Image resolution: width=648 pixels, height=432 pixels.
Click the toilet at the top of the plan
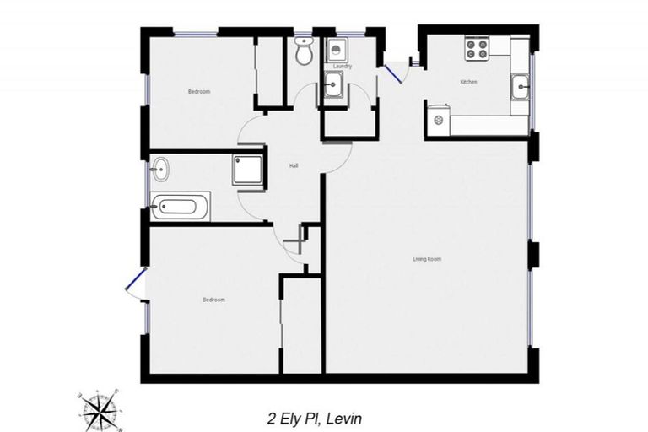pyautogui.click(x=305, y=52)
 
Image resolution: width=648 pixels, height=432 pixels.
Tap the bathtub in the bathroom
pyautogui.click(x=181, y=204)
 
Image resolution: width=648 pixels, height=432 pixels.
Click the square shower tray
pyautogui.click(x=248, y=170)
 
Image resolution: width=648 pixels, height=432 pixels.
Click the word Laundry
pyautogui.click(x=342, y=66)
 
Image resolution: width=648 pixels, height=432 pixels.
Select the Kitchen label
pyautogui.click(x=468, y=83)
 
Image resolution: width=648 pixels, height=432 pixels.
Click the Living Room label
pyautogui.click(x=427, y=258)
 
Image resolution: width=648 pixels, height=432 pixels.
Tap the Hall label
pyautogui.click(x=294, y=165)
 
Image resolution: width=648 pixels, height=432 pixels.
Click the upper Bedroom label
pyautogui.click(x=199, y=91)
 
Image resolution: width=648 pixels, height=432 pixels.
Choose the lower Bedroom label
pyautogui.click(x=213, y=300)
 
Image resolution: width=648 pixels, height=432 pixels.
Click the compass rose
pyautogui.click(x=100, y=409)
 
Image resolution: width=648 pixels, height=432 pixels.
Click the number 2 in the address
pyautogui.click(x=270, y=417)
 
